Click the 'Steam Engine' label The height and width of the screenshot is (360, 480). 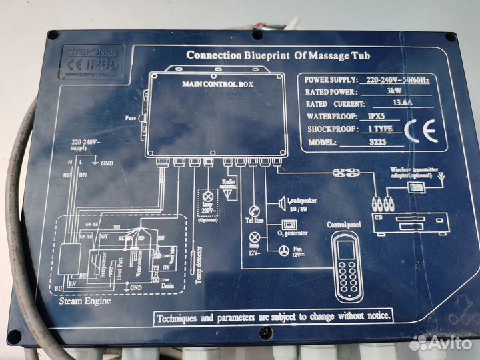coord(84,301)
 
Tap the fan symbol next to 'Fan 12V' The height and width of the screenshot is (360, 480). coord(285,250)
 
